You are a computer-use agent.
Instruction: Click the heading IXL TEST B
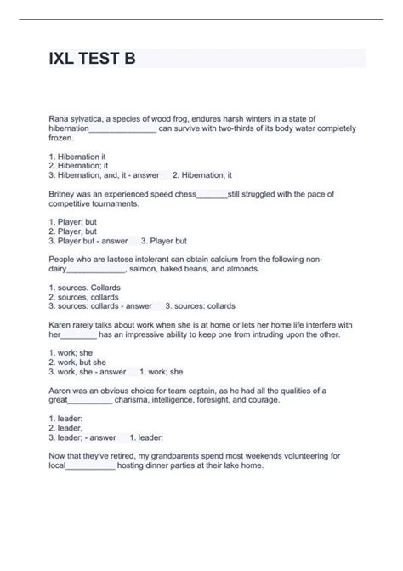click(x=91, y=60)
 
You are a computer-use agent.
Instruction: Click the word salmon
click(x=145, y=269)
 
